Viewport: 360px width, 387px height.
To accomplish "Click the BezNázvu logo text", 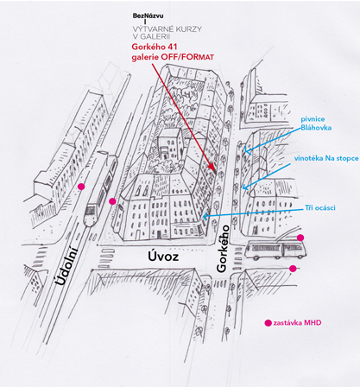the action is point(148,16).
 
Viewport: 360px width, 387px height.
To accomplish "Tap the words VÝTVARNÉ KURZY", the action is point(167,29).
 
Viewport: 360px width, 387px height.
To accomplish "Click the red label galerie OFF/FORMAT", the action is point(173,57).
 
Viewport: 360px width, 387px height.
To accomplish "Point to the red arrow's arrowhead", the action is point(212,167).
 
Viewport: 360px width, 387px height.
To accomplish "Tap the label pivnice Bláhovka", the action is point(316,124).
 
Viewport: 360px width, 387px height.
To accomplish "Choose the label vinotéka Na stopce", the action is point(326,158).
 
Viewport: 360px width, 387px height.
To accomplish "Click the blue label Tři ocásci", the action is point(320,207).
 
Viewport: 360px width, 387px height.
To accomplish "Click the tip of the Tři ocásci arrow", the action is point(203,216).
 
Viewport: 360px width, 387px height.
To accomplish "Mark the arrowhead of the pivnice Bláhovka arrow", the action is point(244,150).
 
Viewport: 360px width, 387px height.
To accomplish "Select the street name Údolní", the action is point(66,265).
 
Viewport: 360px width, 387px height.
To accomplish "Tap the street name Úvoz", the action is point(163,256).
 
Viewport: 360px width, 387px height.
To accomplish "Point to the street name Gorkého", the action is point(223,249).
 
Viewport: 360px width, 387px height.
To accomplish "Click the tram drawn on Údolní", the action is point(101,188).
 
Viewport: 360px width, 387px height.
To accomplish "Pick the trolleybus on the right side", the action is point(275,250).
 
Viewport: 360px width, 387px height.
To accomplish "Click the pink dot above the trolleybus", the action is point(300,238).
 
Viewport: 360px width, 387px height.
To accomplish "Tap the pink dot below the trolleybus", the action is point(293,269).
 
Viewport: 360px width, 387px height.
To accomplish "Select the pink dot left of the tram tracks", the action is point(81,187).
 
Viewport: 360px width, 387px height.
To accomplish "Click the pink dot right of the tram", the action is point(112,201).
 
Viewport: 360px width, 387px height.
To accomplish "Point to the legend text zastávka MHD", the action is point(297,323).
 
